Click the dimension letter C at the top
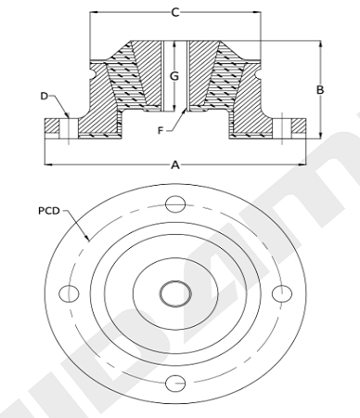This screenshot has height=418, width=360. (x=175, y=12)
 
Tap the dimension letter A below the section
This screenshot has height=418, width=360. (x=175, y=165)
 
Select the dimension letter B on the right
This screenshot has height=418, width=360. (x=320, y=90)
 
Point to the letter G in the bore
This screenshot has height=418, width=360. (x=174, y=76)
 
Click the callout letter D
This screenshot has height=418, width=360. (x=45, y=97)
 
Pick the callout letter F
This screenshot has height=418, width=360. (x=161, y=131)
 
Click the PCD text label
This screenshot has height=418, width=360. (x=49, y=211)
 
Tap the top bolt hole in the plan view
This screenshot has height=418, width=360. (x=175, y=204)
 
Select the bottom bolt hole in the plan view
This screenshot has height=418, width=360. (x=175, y=384)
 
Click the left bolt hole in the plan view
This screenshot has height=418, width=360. (x=69, y=294)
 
